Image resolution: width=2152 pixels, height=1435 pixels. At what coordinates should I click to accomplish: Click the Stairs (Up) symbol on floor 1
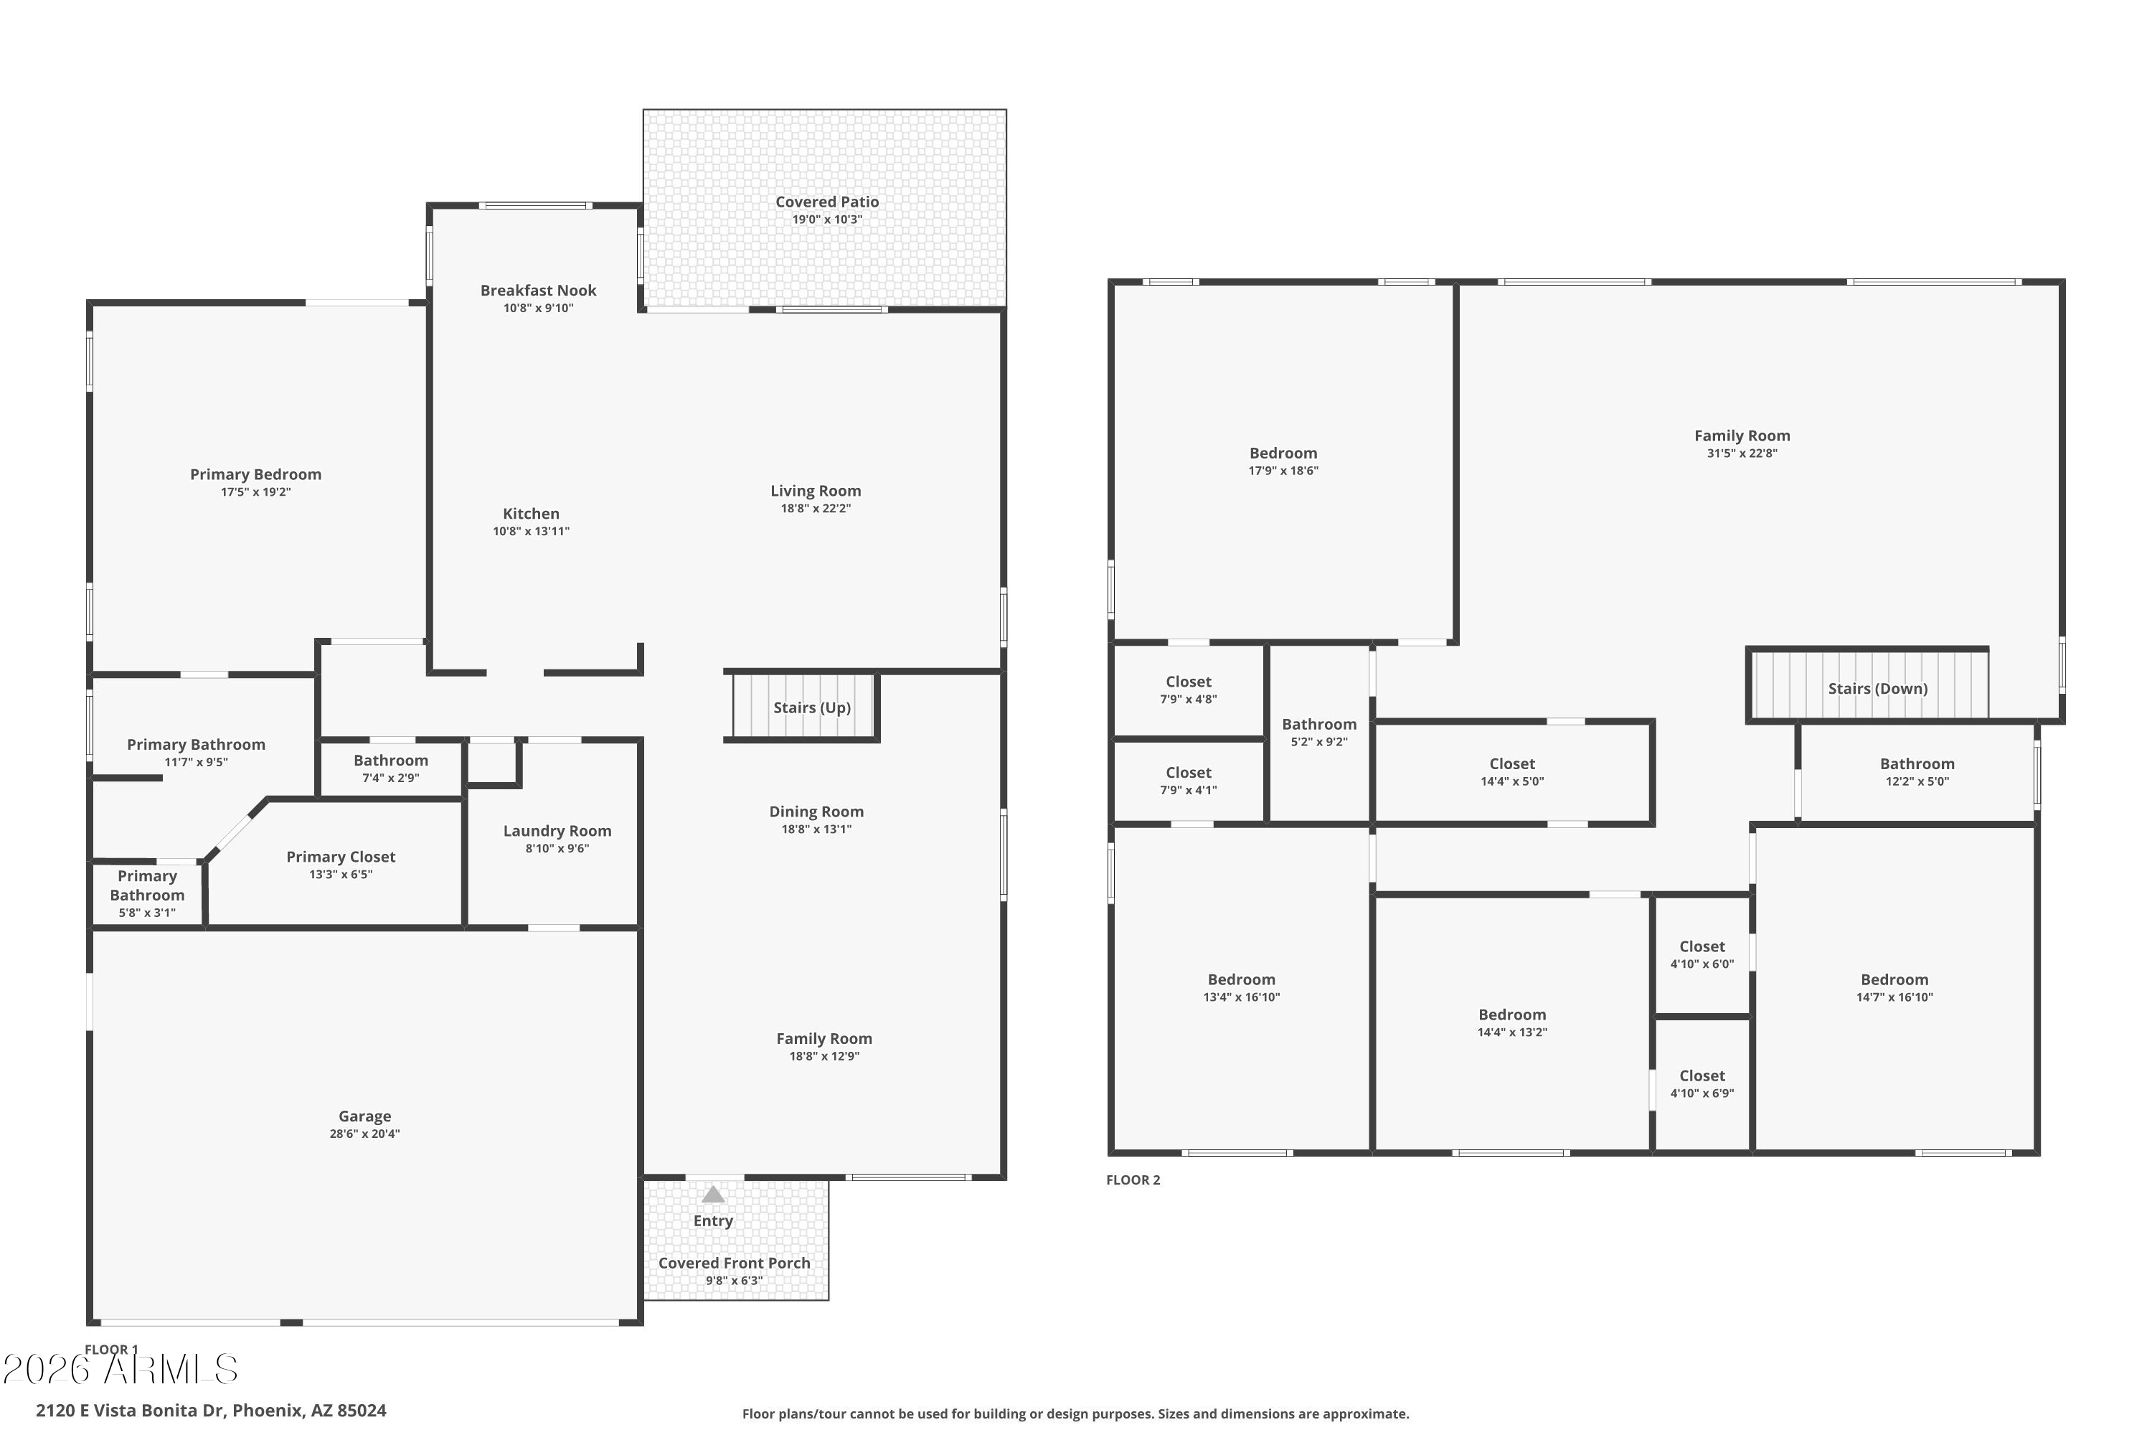(x=805, y=707)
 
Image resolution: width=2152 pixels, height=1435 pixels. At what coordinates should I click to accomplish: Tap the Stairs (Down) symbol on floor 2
(x=1869, y=687)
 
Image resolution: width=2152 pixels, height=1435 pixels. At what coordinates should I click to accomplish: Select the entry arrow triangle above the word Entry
(x=713, y=1195)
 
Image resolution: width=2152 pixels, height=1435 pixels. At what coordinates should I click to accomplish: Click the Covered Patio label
(x=826, y=202)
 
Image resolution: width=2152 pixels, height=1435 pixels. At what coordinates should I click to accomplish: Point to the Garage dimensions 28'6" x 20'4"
(x=364, y=1134)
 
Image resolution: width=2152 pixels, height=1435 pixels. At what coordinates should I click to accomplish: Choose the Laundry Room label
(x=557, y=830)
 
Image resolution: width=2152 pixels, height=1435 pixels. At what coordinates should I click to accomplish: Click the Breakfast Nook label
(x=538, y=290)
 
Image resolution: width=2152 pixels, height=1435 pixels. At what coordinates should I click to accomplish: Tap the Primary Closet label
(x=340, y=857)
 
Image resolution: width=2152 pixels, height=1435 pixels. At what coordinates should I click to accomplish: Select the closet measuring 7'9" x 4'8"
(x=1188, y=689)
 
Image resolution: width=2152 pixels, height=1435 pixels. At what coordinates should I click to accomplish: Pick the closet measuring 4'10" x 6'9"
(x=1701, y=1083)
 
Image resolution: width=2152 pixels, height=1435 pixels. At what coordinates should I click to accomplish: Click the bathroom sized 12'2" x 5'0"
(x=1916, y=771)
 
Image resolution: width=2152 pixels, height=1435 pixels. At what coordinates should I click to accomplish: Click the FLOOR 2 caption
(x=1133, y=1180)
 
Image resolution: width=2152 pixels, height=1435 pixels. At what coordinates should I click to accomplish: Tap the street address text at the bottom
(x=212, y=1411)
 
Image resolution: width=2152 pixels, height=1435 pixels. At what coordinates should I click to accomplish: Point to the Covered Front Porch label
(x=734, y=1263)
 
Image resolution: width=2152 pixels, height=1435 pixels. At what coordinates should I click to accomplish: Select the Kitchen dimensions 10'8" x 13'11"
(x=531, y=531)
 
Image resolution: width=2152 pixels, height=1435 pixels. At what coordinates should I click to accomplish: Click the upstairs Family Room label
(x=1741, y=436)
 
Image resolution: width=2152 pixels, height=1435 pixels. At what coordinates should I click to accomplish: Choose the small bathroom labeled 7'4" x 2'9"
(x=391, y=768)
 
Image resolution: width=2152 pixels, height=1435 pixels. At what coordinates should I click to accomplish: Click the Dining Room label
(x=816, y=811)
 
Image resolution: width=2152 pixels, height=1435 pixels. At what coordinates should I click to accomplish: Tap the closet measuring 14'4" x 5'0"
(x=1511, y=771)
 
